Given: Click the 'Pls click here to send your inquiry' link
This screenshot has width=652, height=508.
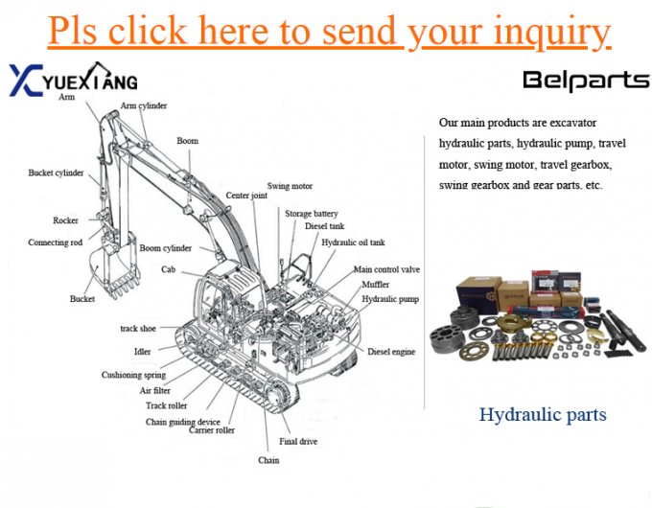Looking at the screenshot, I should click(x=329, y=32).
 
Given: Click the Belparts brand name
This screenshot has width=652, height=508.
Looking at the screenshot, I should click(x=585, y=81).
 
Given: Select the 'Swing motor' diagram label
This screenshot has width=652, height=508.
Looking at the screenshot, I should click(x=290, y=186).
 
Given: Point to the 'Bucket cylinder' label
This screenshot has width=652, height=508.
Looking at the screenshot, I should click(x=56, y=173).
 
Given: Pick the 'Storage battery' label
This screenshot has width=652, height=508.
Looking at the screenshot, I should click(x=311, y=213).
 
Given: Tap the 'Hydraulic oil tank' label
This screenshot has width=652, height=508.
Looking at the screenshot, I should click(x=353, y=242).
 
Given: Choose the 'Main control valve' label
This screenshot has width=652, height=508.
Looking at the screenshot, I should click(x=386, y=270).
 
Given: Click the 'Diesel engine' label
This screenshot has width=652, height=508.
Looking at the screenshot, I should click(x=391, y=352).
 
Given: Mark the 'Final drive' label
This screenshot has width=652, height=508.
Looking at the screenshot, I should click(x=298, y=442).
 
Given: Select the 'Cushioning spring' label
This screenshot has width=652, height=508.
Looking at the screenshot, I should click(x=133, y=375).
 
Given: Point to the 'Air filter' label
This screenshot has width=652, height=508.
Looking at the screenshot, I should click(x=156, y=390).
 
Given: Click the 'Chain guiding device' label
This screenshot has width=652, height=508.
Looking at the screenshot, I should click(x=182, y=422).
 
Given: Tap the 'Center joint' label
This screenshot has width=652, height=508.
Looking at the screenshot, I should click(x=246, y=196).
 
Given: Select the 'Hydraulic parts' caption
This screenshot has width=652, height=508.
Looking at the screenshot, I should click(x=543, y=415).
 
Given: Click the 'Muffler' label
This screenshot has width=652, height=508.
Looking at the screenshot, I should click(x=375, y=285).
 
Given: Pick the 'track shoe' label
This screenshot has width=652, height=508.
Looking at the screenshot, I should click(x=138, y=329).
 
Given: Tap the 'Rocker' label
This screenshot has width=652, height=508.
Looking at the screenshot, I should click(x=66, y=220).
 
